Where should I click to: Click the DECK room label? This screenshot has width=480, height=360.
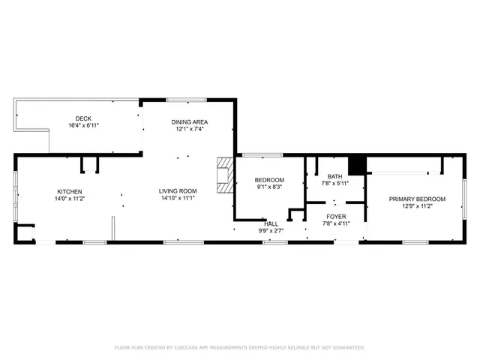click(83, 118)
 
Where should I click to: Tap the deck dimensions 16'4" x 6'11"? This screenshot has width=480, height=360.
click(83, 125)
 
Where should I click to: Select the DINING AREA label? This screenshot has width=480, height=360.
click(189, 121)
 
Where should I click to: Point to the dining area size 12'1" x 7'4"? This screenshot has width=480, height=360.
click(189, 128)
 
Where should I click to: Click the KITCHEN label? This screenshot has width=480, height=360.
click(68, 191)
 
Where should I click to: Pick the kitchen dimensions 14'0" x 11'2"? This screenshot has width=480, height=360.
click(68, 199)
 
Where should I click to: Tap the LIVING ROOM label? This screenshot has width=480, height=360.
click(178, 191)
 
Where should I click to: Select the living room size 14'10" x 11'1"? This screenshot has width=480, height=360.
click(178, 199)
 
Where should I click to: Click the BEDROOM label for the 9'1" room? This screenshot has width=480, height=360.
click(269, 180)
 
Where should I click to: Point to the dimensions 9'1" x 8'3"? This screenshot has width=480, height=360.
click(269, 187)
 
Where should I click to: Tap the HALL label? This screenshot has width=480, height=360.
click(271, 223)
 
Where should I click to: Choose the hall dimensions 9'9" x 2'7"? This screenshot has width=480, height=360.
click(271, 230)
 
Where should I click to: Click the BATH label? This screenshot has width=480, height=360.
click(334, 176)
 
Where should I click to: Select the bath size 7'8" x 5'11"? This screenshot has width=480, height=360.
click(334, 183)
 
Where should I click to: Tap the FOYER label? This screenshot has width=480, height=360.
click(335, 216)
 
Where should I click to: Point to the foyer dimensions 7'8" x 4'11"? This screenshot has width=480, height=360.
click(335, 223)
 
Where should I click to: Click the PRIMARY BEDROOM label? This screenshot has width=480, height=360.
click(417, 199)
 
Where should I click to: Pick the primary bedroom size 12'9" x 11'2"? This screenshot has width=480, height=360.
click(417, 206)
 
